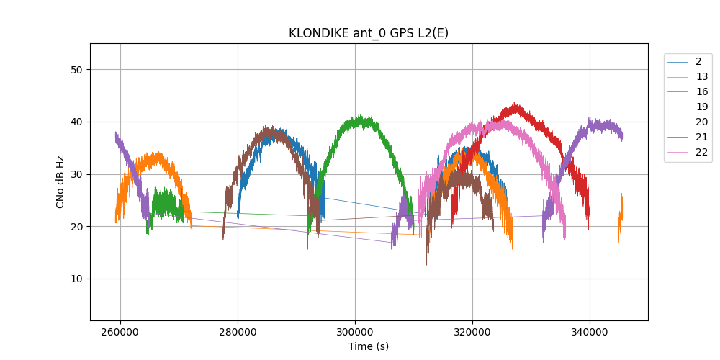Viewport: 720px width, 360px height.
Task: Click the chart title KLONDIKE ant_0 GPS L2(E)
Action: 369,33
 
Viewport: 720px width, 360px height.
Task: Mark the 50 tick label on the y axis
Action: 76,70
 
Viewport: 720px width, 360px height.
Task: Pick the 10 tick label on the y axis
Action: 76,279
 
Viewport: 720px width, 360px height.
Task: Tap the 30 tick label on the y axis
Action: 76,174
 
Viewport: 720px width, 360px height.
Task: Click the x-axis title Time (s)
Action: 369,346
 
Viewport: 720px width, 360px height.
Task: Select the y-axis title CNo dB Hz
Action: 60,181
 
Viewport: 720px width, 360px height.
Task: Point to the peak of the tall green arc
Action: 360,116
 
